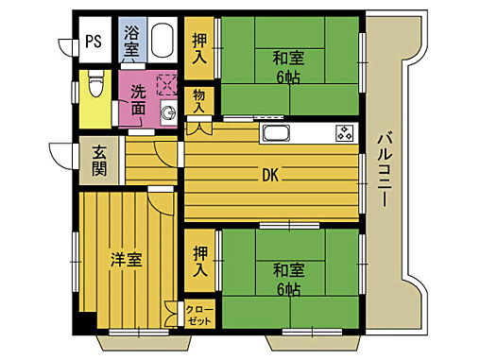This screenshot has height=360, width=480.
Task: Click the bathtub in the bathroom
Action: point(162,41)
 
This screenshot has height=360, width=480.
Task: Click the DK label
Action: point(269,174)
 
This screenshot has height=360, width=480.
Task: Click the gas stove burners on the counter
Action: point(344,132)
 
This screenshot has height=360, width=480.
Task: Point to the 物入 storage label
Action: point(198,100)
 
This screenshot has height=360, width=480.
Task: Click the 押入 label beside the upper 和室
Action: point(199,50)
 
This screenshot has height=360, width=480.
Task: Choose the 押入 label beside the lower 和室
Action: point(200,260)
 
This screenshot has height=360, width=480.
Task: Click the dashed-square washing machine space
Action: point(167,86)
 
